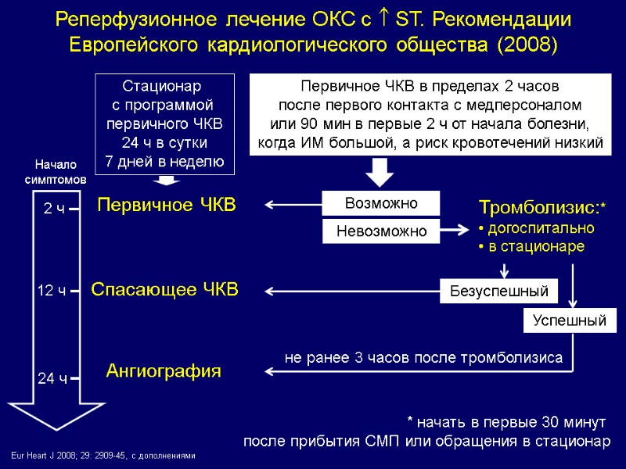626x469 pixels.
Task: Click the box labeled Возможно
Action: point(381,203)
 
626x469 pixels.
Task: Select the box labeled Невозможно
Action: point(381,231)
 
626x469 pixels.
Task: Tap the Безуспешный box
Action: point(498,292)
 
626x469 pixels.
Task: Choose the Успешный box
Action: point(570,320)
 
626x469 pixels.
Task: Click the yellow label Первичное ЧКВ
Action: point(166,206)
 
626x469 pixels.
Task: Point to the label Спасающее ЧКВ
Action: point(164,290)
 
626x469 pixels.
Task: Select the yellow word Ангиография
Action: point(164,371)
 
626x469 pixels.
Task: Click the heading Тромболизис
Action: point(537,209)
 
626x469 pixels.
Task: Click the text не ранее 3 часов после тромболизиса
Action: point(423,358)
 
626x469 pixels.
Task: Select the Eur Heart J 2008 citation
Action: point(102,455)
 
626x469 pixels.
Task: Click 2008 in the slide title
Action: point(527,45)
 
